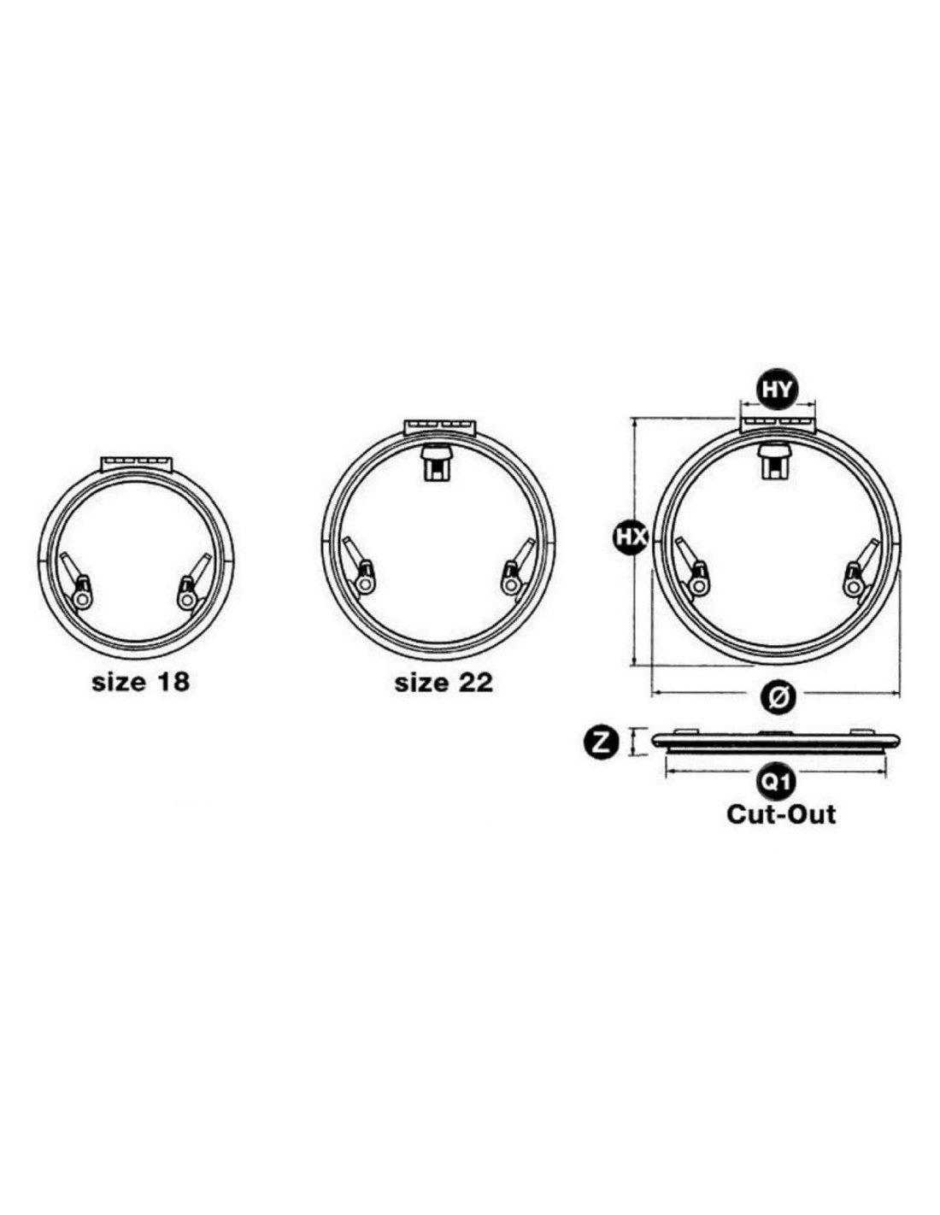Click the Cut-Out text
click(781, 815)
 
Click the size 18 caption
click(140, 682)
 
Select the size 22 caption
click(444, 683)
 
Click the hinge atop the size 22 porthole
click(439, 428)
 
